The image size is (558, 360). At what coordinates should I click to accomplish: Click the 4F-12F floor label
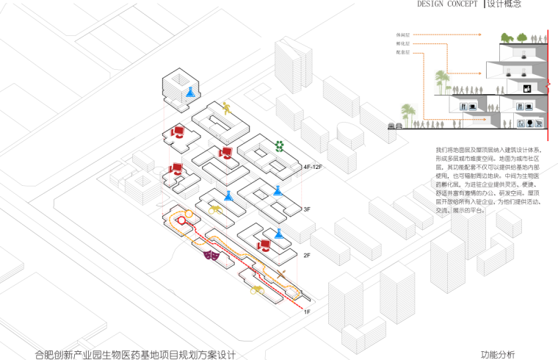pos(313,168)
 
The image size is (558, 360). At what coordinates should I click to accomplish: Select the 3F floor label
pos(308,209)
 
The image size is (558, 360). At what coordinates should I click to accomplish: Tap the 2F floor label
pos(308,255)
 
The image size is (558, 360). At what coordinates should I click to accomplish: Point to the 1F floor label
pos(308,312)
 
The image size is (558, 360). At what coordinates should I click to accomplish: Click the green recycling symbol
pos(279,145)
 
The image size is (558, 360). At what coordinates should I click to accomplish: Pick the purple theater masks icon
pos(211,256)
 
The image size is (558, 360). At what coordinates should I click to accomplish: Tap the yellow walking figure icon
pos(227,109)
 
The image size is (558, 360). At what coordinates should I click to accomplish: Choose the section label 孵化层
pos(403,44)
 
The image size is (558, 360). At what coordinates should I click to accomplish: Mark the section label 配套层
pos(403,54)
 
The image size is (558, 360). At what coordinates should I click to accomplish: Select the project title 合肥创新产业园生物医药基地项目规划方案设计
pos(135,354)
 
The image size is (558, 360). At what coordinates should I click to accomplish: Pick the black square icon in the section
pos(526,88)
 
